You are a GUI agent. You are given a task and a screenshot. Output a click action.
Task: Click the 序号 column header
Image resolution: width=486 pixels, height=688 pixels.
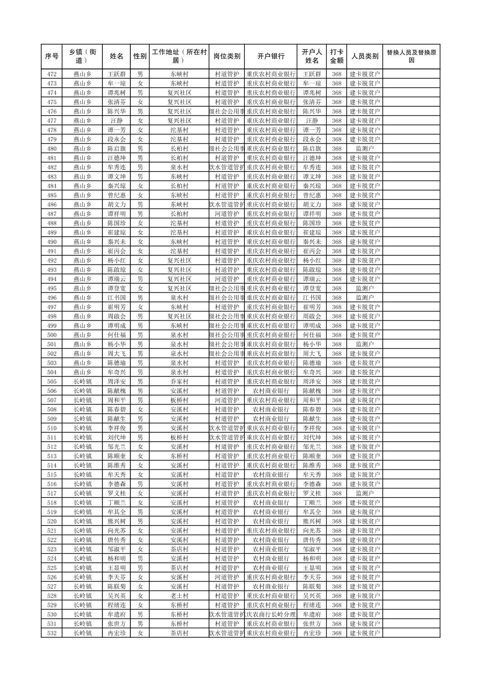52,57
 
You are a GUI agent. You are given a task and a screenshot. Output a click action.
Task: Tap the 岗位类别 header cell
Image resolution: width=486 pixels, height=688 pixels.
227,57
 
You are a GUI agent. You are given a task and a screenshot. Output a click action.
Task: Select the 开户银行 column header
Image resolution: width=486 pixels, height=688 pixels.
271,57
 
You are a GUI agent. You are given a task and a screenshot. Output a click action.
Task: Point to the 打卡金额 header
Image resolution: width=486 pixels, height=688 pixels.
336,57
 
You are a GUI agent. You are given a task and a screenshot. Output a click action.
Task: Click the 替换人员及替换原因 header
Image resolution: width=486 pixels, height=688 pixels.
411,57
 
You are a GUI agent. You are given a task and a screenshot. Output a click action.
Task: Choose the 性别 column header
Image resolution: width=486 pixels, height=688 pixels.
140,57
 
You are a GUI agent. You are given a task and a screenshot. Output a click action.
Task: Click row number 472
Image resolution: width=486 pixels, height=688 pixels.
52,74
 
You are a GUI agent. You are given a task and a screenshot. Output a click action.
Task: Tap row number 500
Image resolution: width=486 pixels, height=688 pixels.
52,335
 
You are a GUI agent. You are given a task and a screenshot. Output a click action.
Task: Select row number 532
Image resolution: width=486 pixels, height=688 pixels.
52,633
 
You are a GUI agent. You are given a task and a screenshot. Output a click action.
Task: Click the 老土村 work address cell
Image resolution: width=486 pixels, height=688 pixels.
179,596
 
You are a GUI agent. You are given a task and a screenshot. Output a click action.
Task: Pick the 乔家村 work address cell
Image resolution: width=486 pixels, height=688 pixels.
179,382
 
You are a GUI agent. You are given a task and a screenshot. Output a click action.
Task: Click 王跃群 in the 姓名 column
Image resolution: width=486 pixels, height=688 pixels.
117,74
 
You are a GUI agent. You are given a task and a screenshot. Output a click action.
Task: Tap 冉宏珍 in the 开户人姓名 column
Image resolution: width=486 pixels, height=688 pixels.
312,633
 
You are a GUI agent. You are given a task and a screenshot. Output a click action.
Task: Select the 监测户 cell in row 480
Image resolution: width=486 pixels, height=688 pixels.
365,148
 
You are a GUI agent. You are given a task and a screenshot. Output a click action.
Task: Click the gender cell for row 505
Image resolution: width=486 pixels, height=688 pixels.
140,382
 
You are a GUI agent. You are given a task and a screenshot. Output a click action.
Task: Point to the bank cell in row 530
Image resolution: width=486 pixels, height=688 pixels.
271,614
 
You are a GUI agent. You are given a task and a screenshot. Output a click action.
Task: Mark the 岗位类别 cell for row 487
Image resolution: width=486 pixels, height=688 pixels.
227,214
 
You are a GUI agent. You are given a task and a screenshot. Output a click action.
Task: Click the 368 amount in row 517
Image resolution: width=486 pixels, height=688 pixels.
336,493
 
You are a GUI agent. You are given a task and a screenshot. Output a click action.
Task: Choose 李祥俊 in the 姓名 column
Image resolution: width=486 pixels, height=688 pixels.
117,428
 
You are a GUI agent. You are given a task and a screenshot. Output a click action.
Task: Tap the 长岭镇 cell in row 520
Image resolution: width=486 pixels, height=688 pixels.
82,521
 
